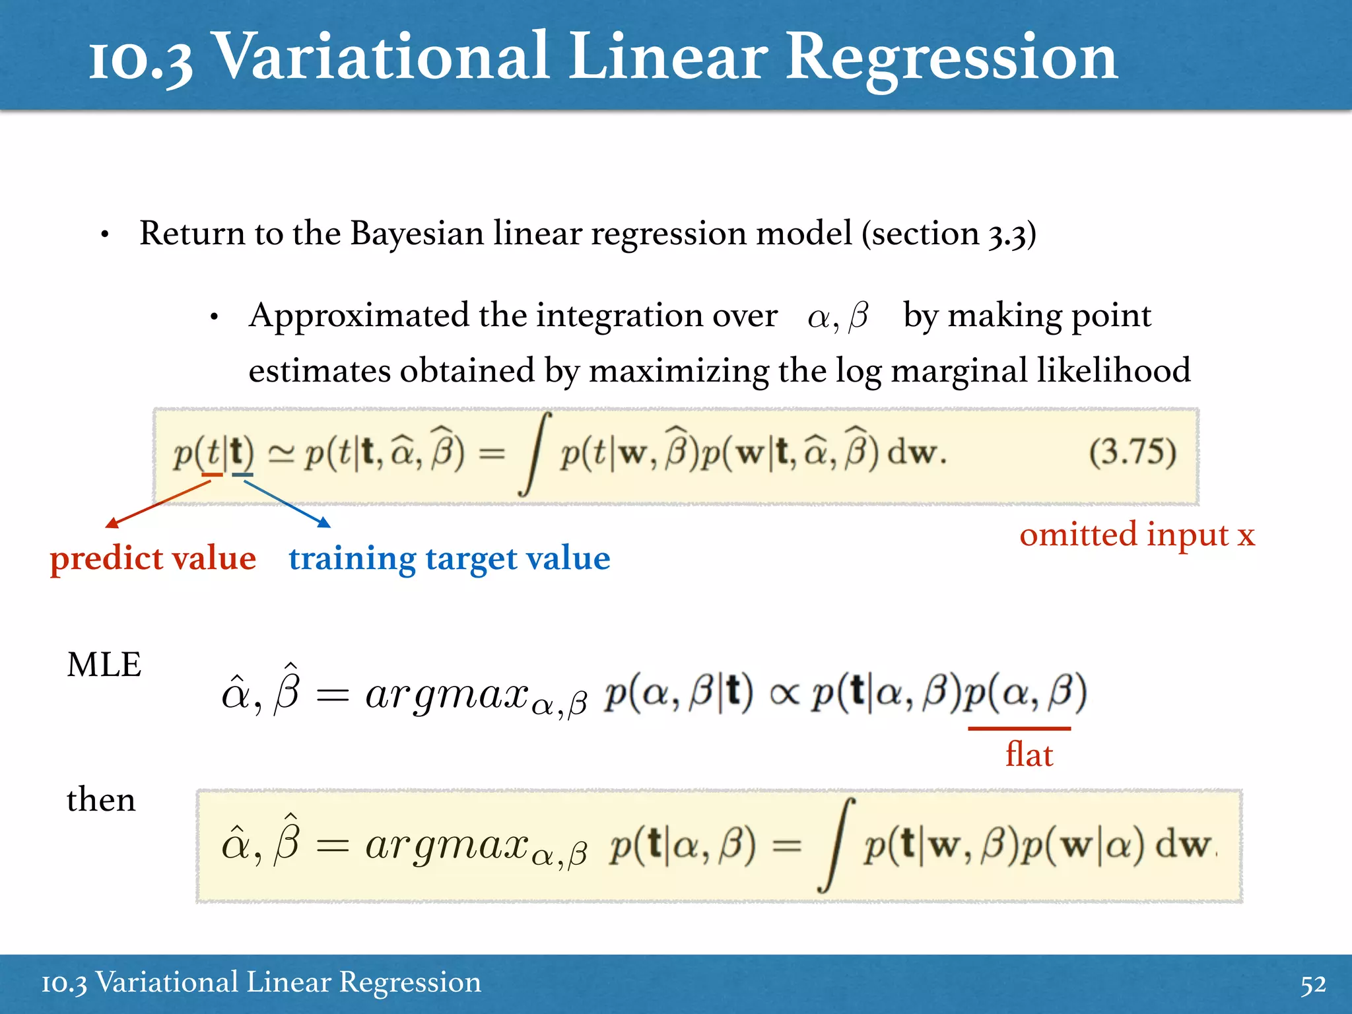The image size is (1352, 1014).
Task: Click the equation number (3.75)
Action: coord(1132,454)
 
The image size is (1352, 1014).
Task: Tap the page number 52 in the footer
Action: coord(1312,984)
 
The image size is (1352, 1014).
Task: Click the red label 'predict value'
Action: coord(153,558)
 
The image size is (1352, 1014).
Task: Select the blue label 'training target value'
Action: coord(449,558)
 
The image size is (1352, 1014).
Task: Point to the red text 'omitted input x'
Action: coord(1137,534)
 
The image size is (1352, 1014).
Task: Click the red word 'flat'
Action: coord(1029,755)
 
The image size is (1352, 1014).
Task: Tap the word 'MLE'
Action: coord(104,665)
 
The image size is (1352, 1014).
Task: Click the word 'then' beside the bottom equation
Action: coord(101,800)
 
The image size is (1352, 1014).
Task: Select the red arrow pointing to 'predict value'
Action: coord(158,504)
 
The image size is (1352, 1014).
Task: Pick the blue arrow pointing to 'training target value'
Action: coord(287,504)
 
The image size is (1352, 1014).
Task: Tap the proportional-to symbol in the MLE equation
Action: coord(784,694)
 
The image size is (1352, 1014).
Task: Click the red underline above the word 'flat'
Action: coord(1019,729)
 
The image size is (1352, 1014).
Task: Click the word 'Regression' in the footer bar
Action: coord(409,982)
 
